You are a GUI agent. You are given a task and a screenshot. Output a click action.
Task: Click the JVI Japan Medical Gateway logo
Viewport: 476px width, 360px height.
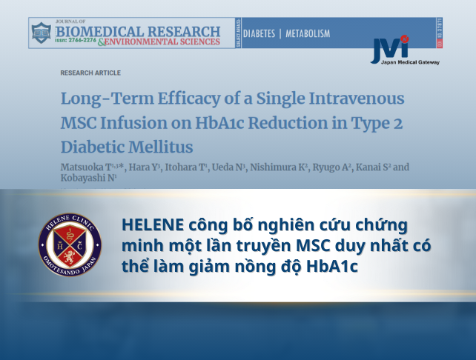click(x=404, y=50)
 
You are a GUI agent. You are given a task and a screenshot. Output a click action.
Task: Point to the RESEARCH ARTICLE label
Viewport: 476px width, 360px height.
click(x=90, y=73)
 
